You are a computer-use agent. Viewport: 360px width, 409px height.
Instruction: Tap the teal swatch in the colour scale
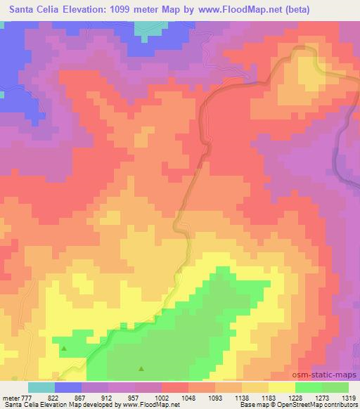tap(41, 387)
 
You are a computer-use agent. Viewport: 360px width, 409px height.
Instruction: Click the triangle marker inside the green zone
tap(141, 368)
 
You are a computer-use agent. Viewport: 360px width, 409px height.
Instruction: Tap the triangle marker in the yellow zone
tap(64, 348)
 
